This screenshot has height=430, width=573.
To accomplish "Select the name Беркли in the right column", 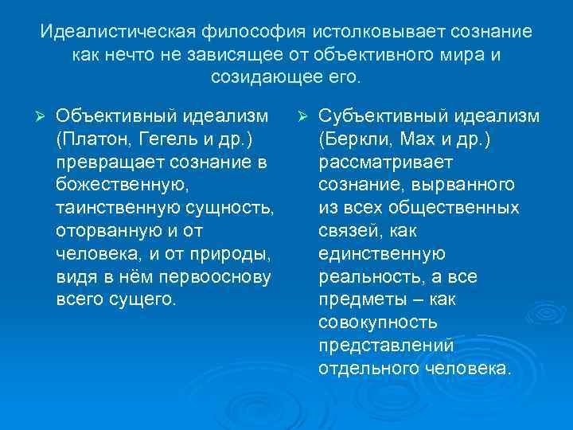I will (354, 140).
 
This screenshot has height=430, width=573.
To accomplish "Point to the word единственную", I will (382, 255).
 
